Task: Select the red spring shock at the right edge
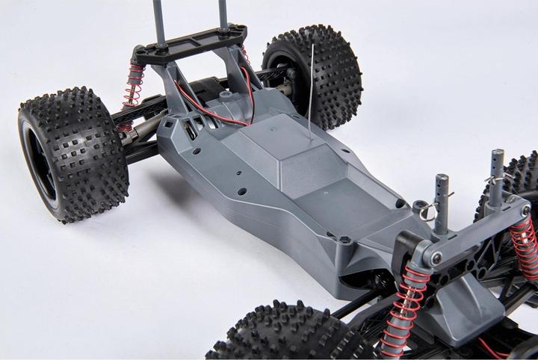point(526,246)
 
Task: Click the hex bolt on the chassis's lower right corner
point(344,240)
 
